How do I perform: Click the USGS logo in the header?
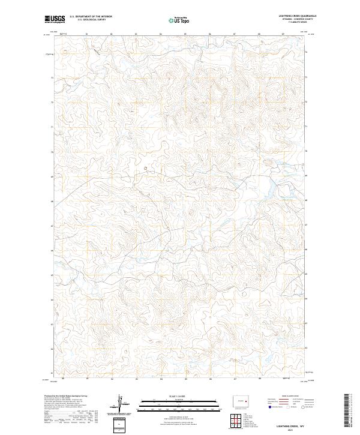click(55, 19)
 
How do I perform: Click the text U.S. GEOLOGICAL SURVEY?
click(86, 20)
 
